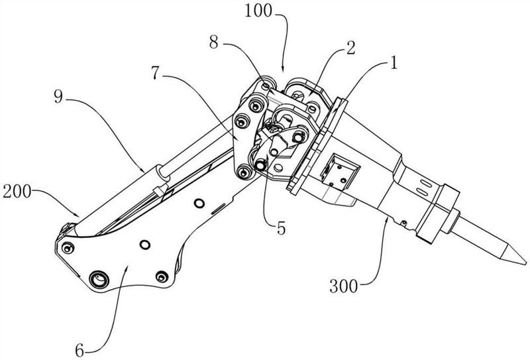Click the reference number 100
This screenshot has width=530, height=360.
pyautogui.click(x=258, y=11)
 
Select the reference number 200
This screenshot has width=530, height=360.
pyautogui.click(x=17, y=192)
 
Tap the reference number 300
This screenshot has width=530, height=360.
pyautogui.click(x=343, y=287)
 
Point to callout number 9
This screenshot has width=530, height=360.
pyautogui.click(x=58, y=97)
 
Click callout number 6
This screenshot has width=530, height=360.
pyautogui.click(x=79, y=351)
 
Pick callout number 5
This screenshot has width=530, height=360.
pyautogui.click(x=281, y=228)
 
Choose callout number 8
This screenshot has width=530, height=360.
pyautogui.click(x=213, y=43)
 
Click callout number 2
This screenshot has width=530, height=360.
pyautogui.click(x=351, y=48)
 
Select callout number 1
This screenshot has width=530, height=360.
pyautogui.click(x=393, y=63)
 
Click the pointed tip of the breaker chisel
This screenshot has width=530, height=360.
pyautogui.click(x=526, y=263)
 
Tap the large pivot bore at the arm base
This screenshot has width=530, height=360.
pyautogui.click(x=99, y=280)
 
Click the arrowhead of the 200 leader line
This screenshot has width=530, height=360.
pyautogui.click(x=78, y=215)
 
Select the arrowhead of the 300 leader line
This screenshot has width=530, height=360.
pyautogui.click(x=388, y=220)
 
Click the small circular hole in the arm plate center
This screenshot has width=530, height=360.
pyautogui.click(x=144, y=244)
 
